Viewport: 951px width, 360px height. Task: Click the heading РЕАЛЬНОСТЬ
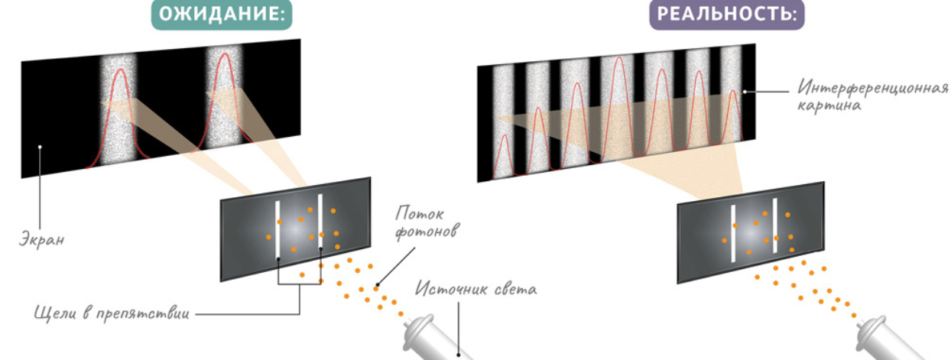[x=727, y=15]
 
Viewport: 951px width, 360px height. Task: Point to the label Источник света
[x=476, y=290]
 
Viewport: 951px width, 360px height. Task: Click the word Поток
[x=420, y=215]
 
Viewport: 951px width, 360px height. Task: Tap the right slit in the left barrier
[x=320, y=222]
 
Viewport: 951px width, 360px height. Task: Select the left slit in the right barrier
[x=733, y=234]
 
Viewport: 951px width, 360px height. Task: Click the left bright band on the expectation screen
[x=117, y=107]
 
